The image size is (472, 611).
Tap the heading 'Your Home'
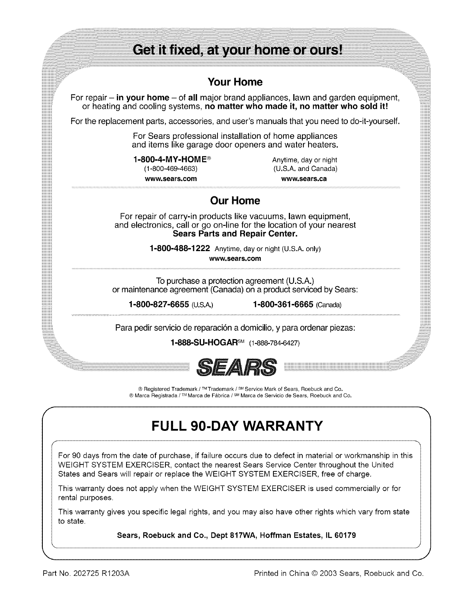(235, 82)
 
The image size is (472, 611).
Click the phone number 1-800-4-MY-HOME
(170, 160)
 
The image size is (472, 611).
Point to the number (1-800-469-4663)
(170, 169)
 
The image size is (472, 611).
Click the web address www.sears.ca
(304, 179)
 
